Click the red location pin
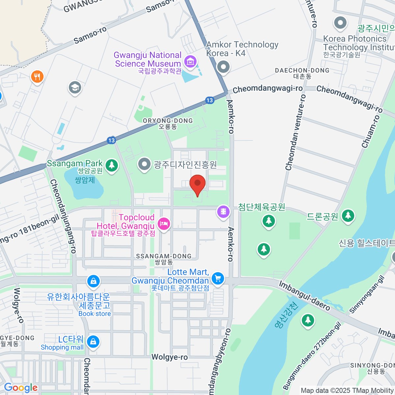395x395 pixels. pos(197,184)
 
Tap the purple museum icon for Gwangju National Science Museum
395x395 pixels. pos(190,61)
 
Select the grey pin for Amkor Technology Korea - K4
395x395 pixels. pos(224,67)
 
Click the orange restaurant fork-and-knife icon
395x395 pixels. pos(37,77)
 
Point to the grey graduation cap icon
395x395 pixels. pos(75,88)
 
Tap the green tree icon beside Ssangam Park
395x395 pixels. pos(112,165)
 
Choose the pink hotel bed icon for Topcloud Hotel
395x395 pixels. pos(164,224)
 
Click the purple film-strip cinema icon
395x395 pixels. pos(223,211)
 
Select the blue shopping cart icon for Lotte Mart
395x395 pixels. pos(217,278)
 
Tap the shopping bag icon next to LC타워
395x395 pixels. pos(93,342)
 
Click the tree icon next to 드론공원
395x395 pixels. pos(348,216)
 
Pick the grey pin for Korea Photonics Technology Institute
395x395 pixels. pos(340,23)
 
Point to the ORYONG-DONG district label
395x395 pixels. pos(168,123)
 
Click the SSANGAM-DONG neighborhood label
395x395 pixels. pos(164,259)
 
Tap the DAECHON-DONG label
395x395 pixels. pos(302,73)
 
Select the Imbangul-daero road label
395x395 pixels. pos(304,296)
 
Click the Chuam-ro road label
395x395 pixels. pos(371,131)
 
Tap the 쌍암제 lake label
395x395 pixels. pos(85,180)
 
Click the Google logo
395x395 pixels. pos(21,388)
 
